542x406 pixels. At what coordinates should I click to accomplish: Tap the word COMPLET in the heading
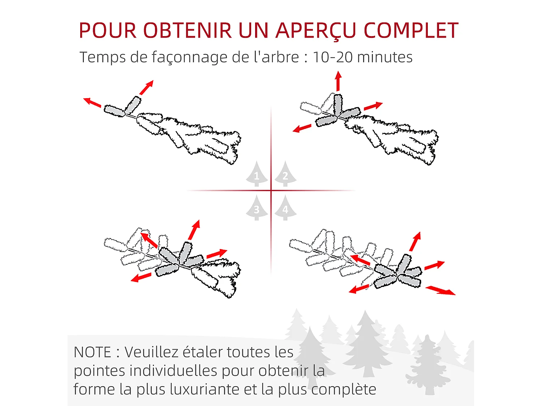(x=411, y=30)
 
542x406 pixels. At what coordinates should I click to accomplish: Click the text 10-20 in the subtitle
(x=332, y=57)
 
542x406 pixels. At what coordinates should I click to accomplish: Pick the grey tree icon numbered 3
(x=257, y=208)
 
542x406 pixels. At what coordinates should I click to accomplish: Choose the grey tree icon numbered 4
(x=285, y=208)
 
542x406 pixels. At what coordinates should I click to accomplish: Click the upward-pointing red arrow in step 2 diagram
(x=338, y=81)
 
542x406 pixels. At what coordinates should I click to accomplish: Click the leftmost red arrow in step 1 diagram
(x=92, y=102)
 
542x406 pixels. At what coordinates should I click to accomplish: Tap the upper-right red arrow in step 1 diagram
(x=146, y=87)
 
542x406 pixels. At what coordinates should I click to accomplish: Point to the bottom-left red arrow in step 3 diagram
(x=141, y=277)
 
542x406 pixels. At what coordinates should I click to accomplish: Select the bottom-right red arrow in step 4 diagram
(x=440, y=290)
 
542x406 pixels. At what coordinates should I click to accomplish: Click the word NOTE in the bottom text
(x=92, y=352)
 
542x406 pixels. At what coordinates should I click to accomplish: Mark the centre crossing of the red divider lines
(x=271, y=191)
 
